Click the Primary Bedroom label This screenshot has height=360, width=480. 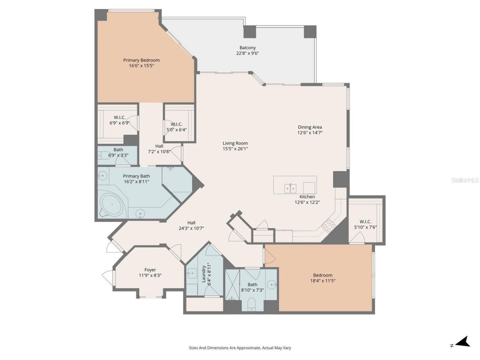tap(141, 60)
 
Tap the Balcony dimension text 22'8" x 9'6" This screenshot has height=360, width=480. tap(247, 53)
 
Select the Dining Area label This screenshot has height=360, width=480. tap(310, 127)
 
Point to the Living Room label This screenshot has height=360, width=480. tap(235, 143)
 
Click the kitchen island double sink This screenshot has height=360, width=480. tap(290, 187)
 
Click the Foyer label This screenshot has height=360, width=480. tap(150, 270)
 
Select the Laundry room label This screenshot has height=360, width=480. tap(204, 274)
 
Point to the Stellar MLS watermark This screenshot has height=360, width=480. tap(465, 180)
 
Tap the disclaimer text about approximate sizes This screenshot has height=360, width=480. tap(240, 348)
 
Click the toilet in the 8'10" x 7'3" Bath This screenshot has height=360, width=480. tap(252, 303)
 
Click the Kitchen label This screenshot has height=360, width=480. tap(307, 197)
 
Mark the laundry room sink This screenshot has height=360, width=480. tap(192, 273)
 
